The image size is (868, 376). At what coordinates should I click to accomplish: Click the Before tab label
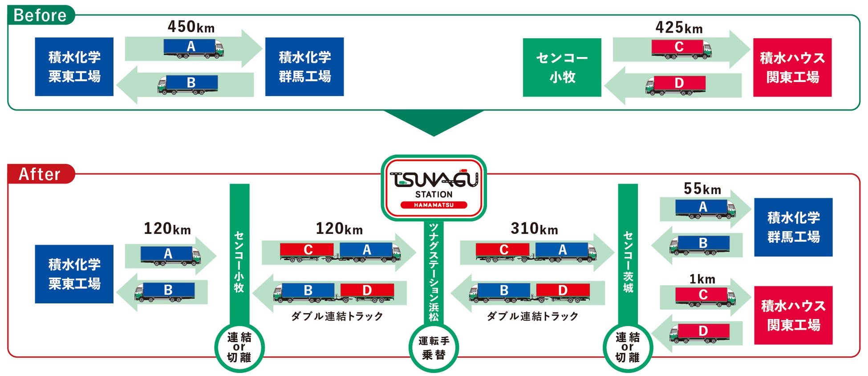(x=40, y=15)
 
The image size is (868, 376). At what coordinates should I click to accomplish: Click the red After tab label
(x=40, y=174)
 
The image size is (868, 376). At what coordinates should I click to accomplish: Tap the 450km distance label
(x=191, y=27)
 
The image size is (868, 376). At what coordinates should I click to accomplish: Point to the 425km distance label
(x=679, y=28)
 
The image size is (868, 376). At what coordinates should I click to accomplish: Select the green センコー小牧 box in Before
(x=562, y=67)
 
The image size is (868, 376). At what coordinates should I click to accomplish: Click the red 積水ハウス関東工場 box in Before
(x=792, y=67)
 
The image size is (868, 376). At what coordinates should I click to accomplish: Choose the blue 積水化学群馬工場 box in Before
(x=304, y=67)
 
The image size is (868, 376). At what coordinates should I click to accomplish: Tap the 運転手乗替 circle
(x=434, y=348)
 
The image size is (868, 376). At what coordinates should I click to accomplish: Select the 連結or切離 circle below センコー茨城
(x=628, y=347)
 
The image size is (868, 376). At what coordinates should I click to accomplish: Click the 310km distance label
(x=534, y=229)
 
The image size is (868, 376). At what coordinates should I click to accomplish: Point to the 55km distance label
(x=702, y=189)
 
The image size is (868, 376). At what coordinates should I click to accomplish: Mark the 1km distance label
(x=702, y=279)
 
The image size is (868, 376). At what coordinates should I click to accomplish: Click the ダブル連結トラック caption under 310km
(x=532, y=316)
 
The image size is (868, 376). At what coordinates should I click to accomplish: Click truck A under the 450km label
(x=193, y=48)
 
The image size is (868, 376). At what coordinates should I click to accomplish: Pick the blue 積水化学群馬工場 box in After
(x=793, y=227)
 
